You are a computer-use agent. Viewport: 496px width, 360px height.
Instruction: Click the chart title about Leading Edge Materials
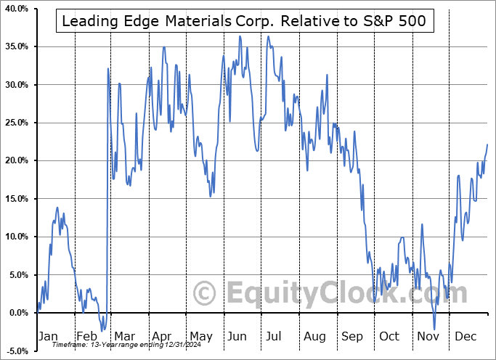coord(245,22)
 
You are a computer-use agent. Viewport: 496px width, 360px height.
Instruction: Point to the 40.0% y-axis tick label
coord(17,9)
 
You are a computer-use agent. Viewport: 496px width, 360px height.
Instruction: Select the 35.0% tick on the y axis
coord(17,46)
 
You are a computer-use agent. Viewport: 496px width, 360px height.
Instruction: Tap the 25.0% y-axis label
coord(17,123)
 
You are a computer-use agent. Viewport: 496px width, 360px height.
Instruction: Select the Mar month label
coord(125,336)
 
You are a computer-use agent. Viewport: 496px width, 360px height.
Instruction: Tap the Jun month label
coord(237,336)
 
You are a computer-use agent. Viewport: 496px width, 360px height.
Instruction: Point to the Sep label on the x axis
coord(351,336)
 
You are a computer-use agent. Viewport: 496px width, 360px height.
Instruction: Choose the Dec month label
coord(466,336)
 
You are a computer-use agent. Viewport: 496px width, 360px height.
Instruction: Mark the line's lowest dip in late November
coord(434,329)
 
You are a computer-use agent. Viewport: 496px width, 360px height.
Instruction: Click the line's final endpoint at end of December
coord(487,144)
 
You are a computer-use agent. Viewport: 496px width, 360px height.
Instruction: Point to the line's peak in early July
coord(268,36)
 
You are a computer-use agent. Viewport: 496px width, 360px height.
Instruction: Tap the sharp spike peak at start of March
coord(107,69)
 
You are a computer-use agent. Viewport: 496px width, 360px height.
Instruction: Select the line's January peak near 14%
coord(57,208)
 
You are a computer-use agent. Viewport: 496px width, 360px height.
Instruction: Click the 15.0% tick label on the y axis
coord(17,199)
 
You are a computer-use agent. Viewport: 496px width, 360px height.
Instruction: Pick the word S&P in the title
coord(383,22)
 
